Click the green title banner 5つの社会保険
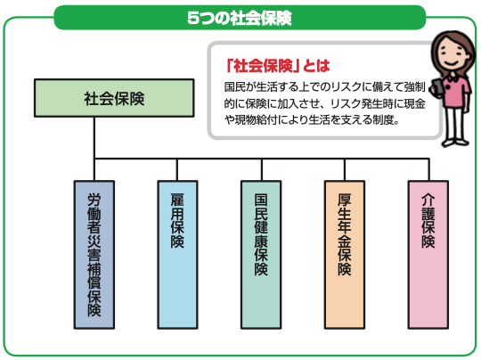240,18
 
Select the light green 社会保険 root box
114,98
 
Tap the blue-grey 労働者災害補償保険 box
94,255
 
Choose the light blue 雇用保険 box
177,255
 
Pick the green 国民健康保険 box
261,255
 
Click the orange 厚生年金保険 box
345,255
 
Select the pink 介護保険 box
428,255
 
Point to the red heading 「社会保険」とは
278,66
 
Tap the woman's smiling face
450,56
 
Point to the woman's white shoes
454,142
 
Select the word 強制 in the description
415,86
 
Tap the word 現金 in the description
415,103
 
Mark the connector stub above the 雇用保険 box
177,169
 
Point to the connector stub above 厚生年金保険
345,169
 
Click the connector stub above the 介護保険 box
428,169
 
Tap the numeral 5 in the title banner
193,18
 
